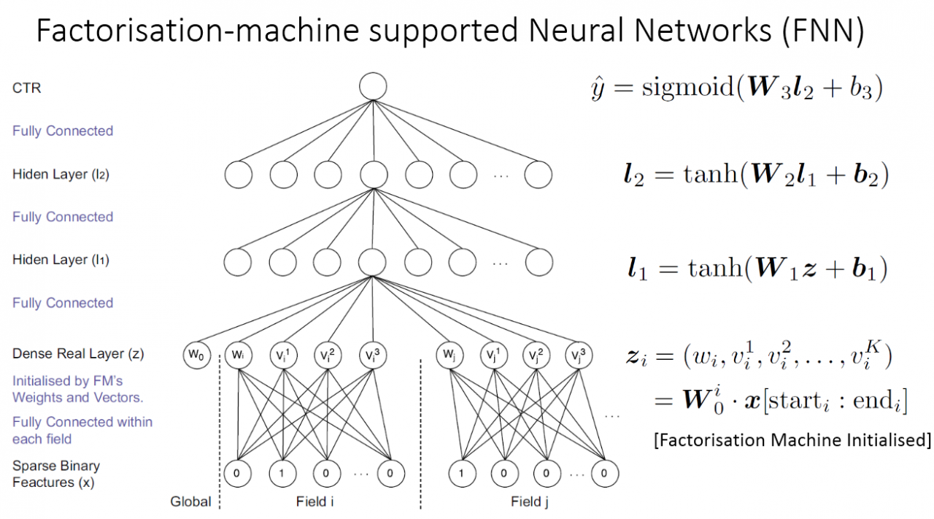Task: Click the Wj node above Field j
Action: pyautogui.click(x=449, y=355)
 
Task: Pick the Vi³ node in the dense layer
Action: pyautogui.click(x=372, y=355)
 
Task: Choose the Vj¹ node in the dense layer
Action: pyautogui.click(x=493, y=355)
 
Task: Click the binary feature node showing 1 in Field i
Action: pyautogui.click(x=282, y=472)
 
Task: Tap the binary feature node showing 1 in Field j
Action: pyautogui.click(x=461, y=472)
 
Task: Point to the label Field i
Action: pyautogui.click(x=315, y=502)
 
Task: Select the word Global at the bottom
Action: pyautogui.click(x=190, y=502)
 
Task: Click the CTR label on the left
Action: pyautogui.click(x=27, y=88)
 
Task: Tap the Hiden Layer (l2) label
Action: pyautogui.click(x=61, y=174)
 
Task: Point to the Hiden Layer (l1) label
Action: pyautogui.click(x=61, y=260)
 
